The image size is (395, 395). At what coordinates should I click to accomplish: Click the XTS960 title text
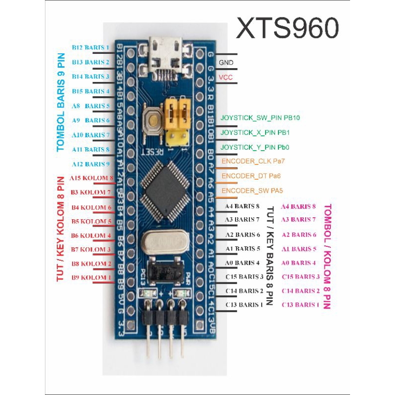[x=287, y=28]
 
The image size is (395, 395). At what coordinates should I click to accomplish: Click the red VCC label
[x=226, y=78]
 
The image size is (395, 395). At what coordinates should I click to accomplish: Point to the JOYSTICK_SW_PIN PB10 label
[x=260, y=118]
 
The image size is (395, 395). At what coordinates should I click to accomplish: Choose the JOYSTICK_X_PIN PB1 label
[x=255, y=133]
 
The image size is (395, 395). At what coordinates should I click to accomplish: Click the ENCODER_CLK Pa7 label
[x=253, y=161]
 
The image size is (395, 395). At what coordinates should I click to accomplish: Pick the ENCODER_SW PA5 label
[x=252, y=191]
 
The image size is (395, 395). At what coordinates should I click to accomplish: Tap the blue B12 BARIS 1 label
[x=90, y=48]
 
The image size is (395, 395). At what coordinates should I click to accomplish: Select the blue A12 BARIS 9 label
[x=90, y=164]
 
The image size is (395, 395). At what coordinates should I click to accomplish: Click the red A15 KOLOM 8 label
[x=92, y=178]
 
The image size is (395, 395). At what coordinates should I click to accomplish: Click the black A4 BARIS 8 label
[x=242, y=206]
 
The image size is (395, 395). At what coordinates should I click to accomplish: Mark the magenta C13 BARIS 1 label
[x=300, y=305]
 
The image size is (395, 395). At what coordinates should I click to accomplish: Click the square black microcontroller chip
[x=163, y=191]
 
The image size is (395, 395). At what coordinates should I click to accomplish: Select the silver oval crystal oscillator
[x=163, y=244]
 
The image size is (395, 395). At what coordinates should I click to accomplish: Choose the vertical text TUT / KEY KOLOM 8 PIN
[x=61, y=229]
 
